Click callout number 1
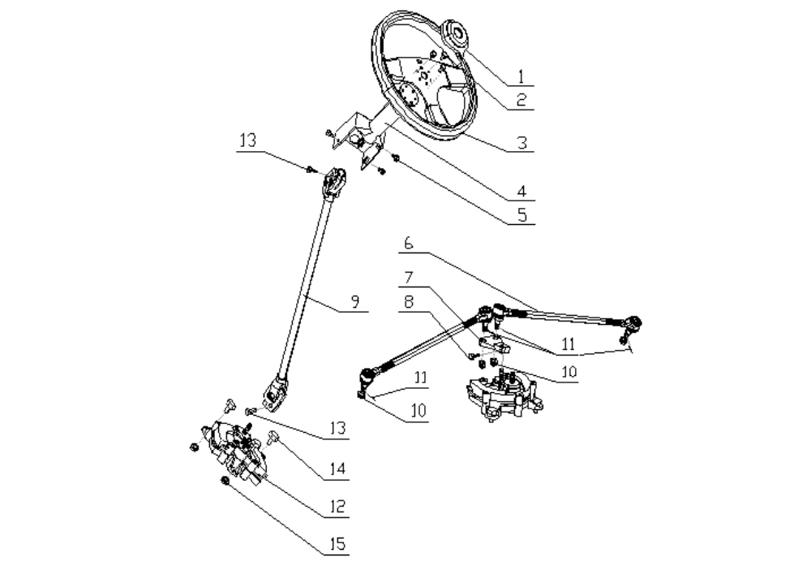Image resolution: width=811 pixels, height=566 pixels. pyautogui.click(x=521, y=76)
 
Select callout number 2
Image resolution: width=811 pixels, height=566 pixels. pyautogui.click(x=521, y=99)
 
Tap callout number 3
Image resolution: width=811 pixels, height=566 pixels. pyautogui.click(x=521, y=142)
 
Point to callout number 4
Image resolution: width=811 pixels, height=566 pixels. pyautogui.click(x=521, y=191)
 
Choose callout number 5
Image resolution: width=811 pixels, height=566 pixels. pyautogui.click(x=521, y=215)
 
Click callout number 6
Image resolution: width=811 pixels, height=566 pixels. pyautogui.click(x=409, y=243)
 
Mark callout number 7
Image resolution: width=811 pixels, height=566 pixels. pyautogui.click(x=409, y=278)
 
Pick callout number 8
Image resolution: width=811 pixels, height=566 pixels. pyautogui.click(x=409, y=302)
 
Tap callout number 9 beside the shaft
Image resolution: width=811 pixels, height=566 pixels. pyautogui.click(x=355, y=301)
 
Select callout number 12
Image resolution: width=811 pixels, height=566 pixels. pyautogui.click(x=337, y=507)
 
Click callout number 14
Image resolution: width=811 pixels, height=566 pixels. pyautogui.click(x=337, y=469)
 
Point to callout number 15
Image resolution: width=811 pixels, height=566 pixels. pyautogui.click(x=337, y=544)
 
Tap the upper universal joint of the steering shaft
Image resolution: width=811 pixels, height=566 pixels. pyautogui.click(x=335, y=183)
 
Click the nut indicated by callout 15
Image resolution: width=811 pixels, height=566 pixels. pyautogui.click(x=225, y=481)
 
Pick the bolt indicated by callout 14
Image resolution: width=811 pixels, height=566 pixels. pyautogui.click(x=273, y=438)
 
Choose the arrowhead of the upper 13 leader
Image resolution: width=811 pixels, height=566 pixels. pyautogui.click(x=311, y=168)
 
